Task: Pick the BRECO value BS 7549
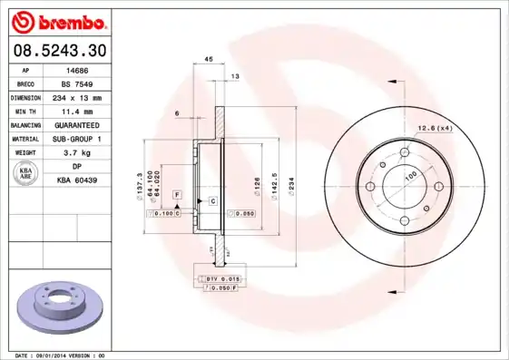tap(77, 83)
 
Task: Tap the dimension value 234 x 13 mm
tap(77, 96)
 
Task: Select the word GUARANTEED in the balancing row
tap(77, 124)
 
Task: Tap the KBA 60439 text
tap(77, 180)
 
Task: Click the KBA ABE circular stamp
tap(26, 174)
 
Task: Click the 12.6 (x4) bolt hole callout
tap(435, 129)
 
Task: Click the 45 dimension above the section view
tap(208, 59)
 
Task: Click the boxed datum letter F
tap(178, 195)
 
